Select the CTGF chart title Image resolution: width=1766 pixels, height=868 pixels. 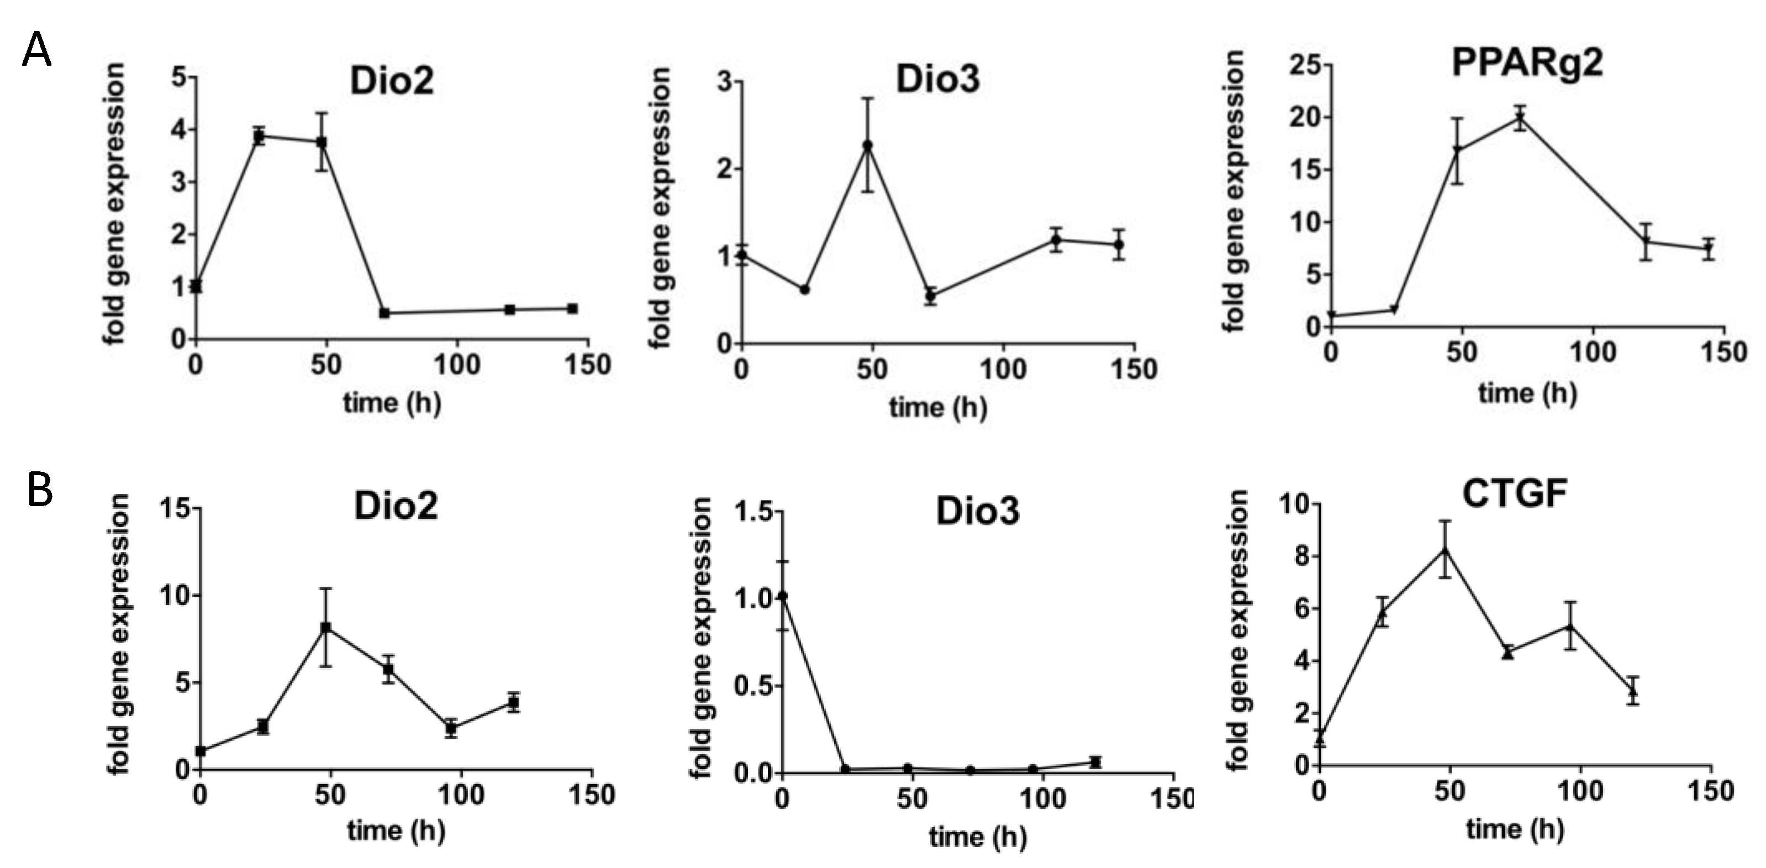1515,493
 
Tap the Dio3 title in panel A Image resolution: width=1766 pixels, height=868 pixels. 938,80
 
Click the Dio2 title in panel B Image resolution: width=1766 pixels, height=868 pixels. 396,507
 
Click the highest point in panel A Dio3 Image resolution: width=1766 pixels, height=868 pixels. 868,145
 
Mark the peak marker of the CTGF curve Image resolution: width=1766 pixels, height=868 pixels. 1445,550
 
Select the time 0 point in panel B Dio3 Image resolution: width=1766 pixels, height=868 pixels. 783,597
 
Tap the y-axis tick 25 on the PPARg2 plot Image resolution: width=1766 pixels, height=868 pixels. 1305,65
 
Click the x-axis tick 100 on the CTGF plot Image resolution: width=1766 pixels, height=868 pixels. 1580,792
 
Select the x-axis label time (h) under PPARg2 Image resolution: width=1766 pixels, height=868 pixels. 1527,393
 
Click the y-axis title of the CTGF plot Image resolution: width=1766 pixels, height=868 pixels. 1238,631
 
